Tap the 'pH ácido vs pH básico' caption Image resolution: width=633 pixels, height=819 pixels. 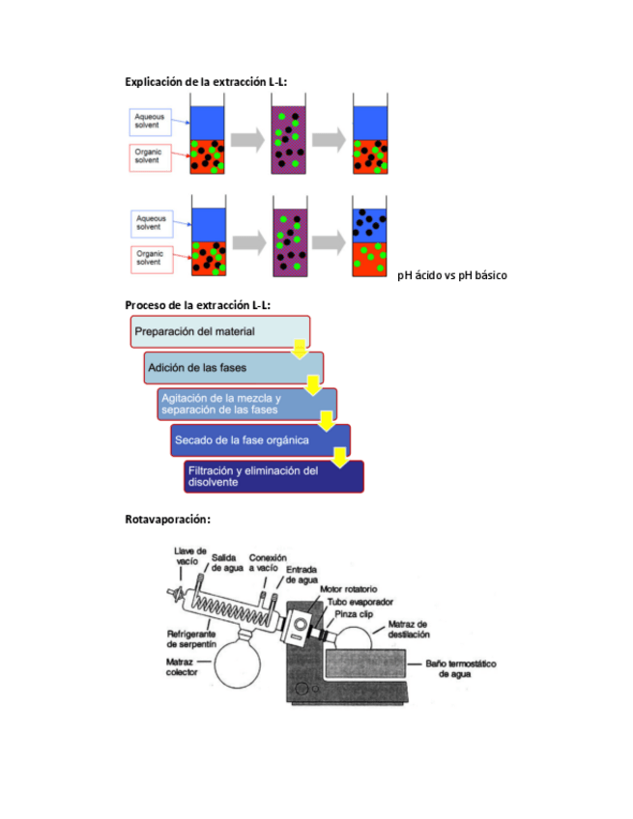click(451, 275)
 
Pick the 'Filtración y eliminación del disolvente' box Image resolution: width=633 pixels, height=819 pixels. click(273, 476)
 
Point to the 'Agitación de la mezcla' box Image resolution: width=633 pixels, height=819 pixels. click(246, 404)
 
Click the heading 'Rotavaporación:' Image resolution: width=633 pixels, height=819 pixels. click(167, 520)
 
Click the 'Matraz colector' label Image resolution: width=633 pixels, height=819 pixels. click(182, 667)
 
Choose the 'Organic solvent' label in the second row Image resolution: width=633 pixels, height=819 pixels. click(150, 257)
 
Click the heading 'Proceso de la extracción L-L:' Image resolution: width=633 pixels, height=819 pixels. click(197, 305)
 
